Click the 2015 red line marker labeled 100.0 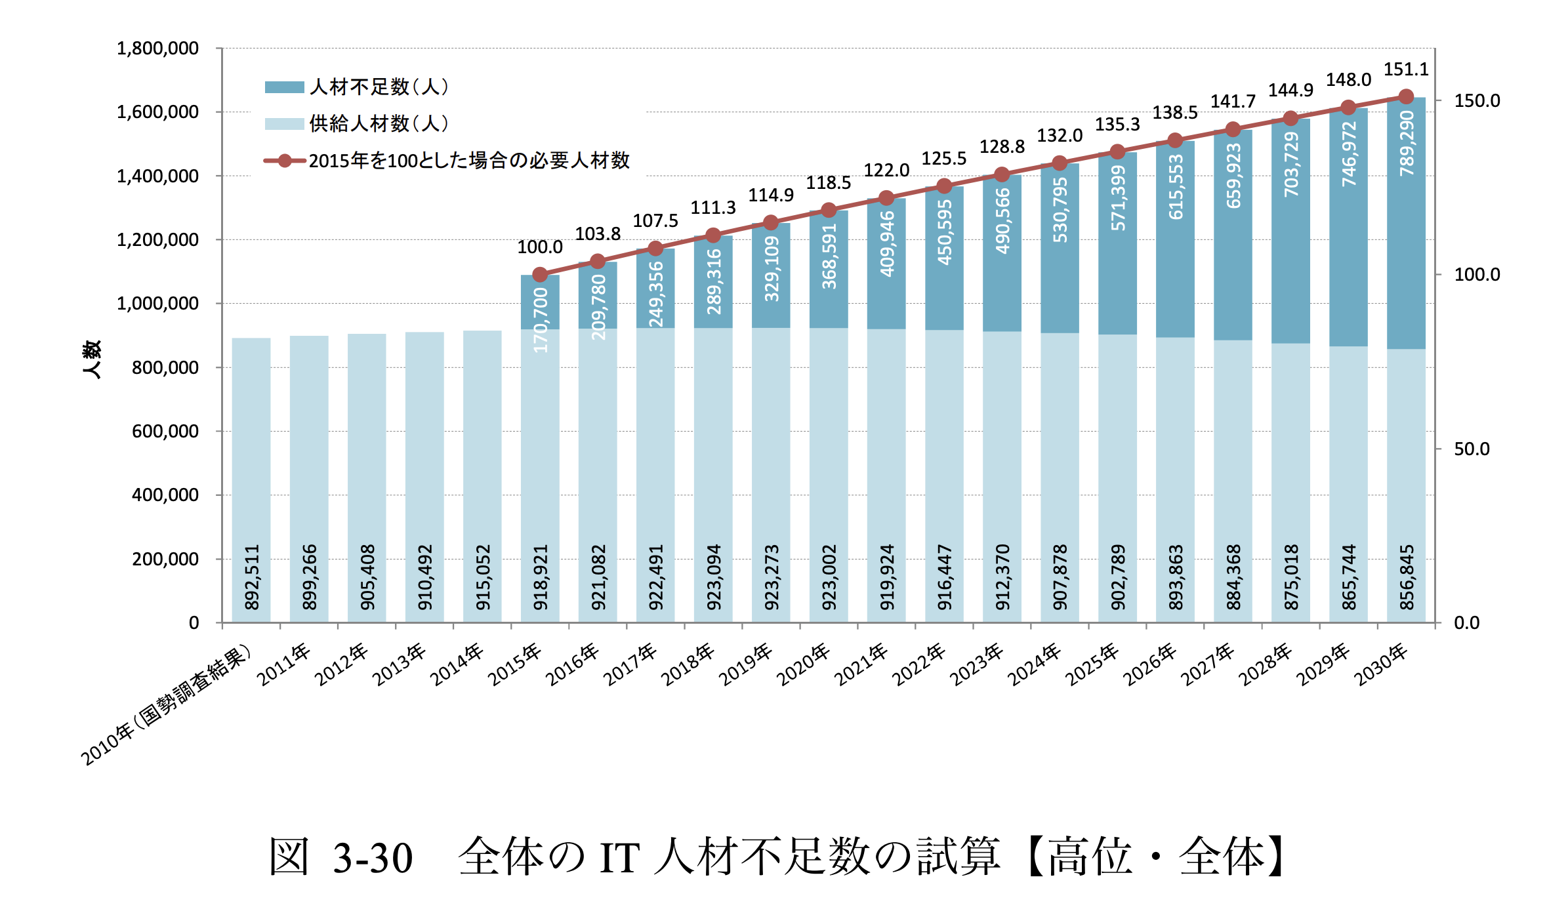540,274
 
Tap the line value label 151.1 1406,70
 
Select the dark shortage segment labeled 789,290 1406,223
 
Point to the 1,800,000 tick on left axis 157,49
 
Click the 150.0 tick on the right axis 1477,101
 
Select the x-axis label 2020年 803,664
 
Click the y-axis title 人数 92,359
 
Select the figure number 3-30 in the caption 373,858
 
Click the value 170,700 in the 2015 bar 541,319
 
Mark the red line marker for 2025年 1117,152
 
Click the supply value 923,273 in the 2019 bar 772,577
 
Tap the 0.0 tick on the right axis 1466,623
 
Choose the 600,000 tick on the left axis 165,432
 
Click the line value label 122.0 886,171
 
